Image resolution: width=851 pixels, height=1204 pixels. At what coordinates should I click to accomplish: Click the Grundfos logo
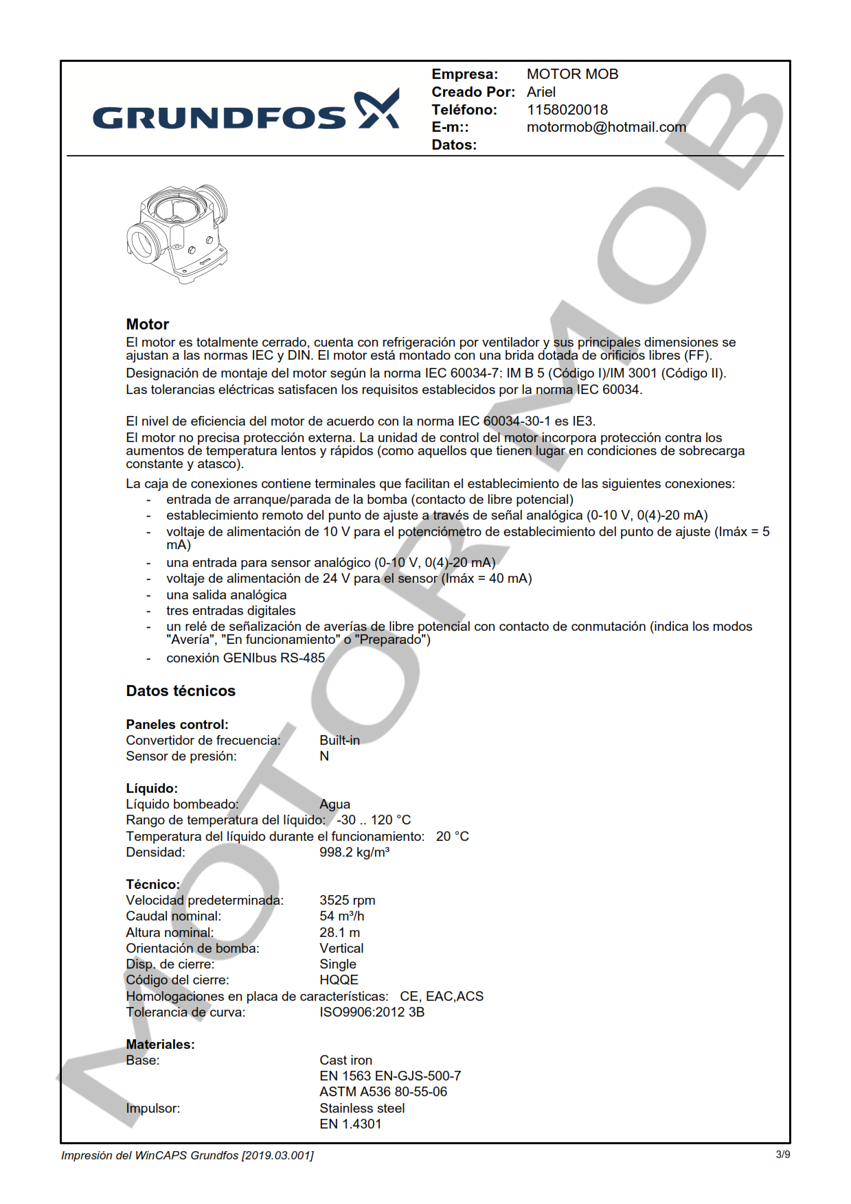245,111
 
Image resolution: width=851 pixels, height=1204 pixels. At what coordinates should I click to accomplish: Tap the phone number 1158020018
567,110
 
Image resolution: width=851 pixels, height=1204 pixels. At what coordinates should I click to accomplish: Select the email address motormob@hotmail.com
606,127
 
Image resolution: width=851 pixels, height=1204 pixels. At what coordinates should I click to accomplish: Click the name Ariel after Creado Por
541,92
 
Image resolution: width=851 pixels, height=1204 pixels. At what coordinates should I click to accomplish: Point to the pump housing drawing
177,233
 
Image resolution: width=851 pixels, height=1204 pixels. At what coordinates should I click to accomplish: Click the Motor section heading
147,325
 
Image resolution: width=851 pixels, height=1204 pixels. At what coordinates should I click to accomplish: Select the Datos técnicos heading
181,691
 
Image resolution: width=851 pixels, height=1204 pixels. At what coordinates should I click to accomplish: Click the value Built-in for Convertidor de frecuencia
339,740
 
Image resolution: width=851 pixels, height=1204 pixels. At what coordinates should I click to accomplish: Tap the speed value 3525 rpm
347,900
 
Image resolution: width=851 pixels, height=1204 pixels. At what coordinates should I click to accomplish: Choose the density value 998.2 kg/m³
354,852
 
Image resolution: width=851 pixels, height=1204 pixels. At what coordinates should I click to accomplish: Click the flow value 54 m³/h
341,916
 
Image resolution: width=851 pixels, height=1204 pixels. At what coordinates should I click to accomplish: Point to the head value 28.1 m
339,932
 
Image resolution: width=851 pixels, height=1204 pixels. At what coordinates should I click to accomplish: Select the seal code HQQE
339,980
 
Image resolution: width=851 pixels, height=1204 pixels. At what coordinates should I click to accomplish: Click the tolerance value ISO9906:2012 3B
372,1012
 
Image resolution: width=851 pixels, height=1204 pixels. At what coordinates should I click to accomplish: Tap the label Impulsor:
152,1108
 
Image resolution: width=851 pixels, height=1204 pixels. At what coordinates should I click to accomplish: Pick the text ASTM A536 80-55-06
383,1091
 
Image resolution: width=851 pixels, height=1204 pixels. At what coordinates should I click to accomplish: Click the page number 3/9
782,1155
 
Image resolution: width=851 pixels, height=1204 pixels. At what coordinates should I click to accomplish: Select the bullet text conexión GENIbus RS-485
245,658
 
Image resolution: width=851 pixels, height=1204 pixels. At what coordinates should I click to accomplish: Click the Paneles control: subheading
177,724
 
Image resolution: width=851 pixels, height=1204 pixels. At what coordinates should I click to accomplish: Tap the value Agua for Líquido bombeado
334,804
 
